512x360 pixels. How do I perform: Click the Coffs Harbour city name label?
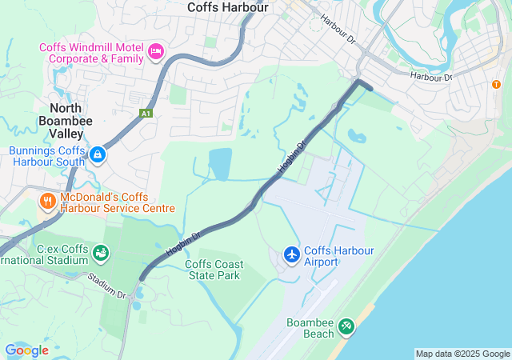(228, 7)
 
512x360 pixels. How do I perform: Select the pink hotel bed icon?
(156, 53)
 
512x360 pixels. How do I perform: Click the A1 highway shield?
(146, 114)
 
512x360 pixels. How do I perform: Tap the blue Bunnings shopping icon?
(97, 154)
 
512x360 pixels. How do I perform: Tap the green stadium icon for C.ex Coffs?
(101, 254)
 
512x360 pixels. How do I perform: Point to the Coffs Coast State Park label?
(214, 270)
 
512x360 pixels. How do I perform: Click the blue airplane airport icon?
(292, 254)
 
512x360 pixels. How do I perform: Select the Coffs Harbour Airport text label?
(339, 256)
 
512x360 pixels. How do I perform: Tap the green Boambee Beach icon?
(346, 326)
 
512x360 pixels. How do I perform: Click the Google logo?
(26, 350)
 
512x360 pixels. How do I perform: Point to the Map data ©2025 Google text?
(462, 354)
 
